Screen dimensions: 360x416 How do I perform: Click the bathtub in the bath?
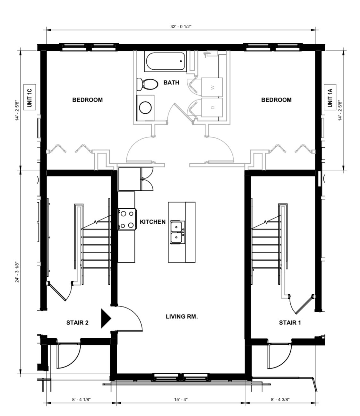[x=165, y=61]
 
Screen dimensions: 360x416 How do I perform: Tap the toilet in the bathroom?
[x=147, y=84]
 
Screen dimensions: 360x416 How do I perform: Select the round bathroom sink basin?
[x=145, y=108]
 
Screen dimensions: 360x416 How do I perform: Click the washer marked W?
[x=212, y=87]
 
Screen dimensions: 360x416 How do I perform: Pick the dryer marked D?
[x=212, y=108]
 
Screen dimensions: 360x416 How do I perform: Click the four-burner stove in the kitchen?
[x=127, y=219]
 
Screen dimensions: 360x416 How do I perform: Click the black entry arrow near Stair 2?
[x=106, y=319]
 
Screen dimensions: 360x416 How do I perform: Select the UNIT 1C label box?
[x=30, y=97]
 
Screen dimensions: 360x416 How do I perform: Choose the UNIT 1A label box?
[x=330, y=97]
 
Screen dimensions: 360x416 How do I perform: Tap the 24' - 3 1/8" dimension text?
[x=17, y=273]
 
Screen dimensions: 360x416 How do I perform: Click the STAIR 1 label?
[x=290, y=323]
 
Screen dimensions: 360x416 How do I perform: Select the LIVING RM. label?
[x=182, y=317]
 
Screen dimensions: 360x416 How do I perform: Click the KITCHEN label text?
[x=152, y=222]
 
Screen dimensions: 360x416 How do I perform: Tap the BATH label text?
[x=171, y=82]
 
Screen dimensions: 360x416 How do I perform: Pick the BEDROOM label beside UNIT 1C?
[x=87, y=100]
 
